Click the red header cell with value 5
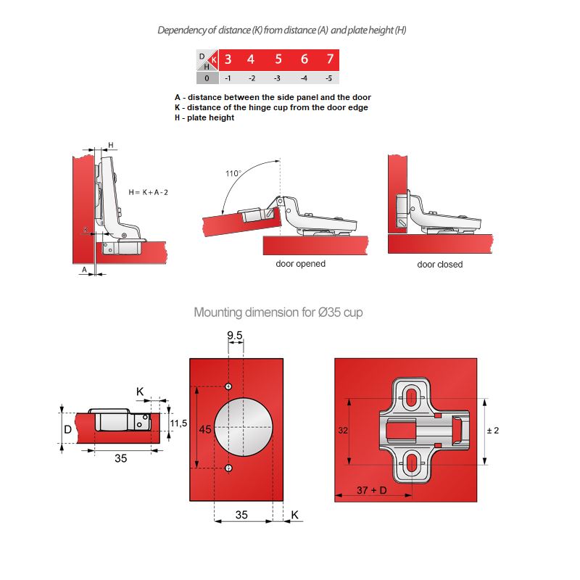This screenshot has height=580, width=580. click(x=278, y=59)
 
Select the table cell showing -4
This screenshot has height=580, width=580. click(x=304, y=78)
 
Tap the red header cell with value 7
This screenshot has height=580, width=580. click(x=330, y=59)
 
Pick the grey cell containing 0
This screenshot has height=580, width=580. click(x=207, y=78)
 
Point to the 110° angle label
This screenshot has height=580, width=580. click(x=233, y=174)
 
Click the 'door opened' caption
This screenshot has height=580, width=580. click(x=300, y=264)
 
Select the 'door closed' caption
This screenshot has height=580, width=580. click(x=439, y=265)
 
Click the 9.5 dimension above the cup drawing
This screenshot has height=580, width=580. click(x=235, y=335)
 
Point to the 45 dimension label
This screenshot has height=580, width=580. click(x=205, y=429)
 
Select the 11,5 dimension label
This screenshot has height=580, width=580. click(x=178, y=423)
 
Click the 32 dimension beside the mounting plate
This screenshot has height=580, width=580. click(x=342, y=431)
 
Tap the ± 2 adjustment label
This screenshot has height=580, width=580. click(x=492, y=431)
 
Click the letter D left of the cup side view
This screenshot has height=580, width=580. click(x=67, y=430)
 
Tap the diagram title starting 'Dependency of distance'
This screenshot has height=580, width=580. click(x=286, y=30)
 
